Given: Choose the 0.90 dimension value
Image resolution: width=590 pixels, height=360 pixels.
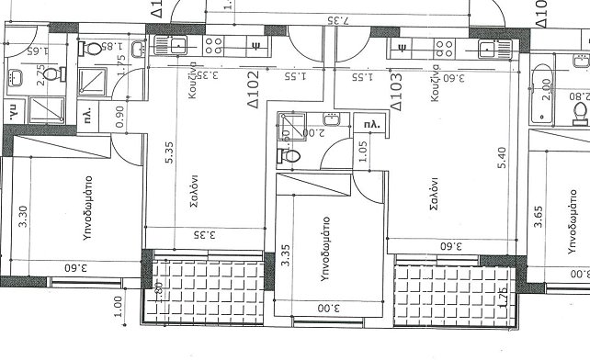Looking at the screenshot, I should coord(119,115).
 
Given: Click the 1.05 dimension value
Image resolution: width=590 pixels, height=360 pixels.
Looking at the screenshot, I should coord(364,152).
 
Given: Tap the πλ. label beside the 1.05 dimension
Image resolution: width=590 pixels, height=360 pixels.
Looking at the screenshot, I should coord(371,123).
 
